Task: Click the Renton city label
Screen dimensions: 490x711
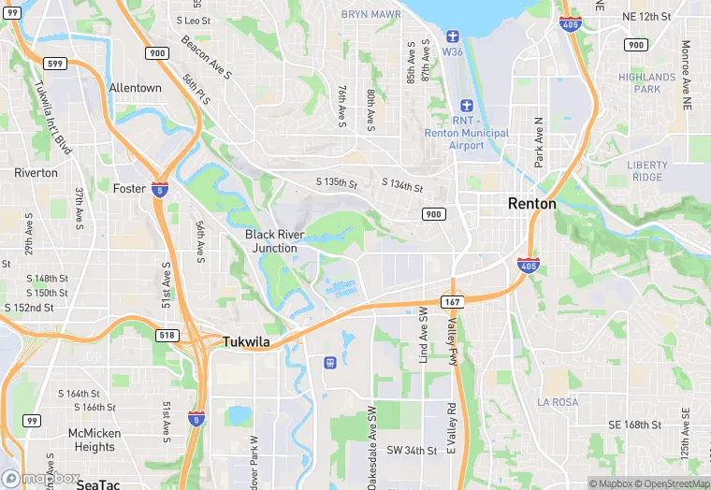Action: pos(531,203)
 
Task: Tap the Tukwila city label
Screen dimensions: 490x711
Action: pos(246,342)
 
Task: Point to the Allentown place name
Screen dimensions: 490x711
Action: pos(136,88)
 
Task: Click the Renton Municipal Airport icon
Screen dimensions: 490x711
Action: pos(466,107)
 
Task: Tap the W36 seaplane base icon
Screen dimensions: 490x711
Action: pos(453,35)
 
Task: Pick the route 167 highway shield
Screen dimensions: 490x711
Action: pos(453,301)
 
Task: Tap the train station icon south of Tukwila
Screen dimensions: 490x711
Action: pos(329,362)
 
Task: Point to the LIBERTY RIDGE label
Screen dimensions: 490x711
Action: pos(647,171)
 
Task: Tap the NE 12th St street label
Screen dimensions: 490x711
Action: pos(647,17)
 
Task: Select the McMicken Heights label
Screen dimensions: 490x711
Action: pos(94,440)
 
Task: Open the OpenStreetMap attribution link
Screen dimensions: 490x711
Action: pos(673,483)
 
